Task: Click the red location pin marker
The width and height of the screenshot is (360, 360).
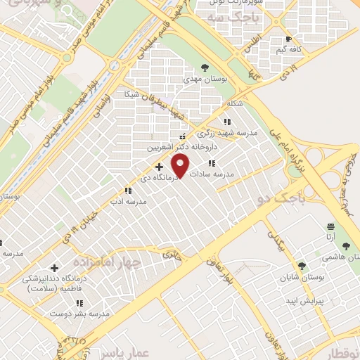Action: pos(181,166)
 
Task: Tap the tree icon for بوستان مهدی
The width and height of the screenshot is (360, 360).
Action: pos(204,67)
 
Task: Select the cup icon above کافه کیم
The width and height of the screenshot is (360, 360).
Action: pos(288,39)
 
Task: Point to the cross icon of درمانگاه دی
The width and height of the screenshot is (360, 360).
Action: pos(159,167)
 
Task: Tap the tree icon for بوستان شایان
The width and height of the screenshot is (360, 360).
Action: pos(302,266)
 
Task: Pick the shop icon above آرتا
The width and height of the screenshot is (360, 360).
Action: pos(330,226)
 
